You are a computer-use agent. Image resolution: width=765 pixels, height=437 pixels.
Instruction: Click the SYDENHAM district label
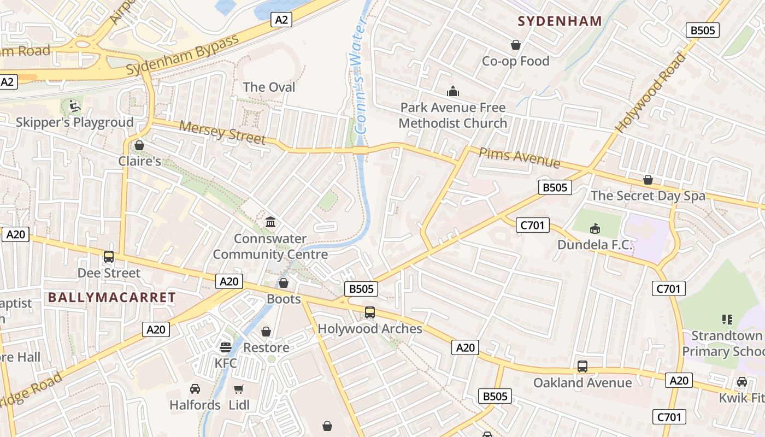560,21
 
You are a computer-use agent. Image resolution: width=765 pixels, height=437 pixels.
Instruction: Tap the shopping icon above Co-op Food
515,45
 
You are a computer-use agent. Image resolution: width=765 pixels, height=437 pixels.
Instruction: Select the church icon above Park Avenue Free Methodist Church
453,91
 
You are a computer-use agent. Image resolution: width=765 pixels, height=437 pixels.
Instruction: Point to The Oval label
269,87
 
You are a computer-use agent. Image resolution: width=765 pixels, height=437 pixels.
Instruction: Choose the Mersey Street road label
222,133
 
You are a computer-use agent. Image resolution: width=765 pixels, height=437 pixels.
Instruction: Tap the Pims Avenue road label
519,157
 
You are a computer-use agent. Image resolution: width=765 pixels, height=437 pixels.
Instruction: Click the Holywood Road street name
651,92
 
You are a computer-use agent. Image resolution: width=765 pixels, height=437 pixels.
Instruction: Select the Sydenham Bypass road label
183,55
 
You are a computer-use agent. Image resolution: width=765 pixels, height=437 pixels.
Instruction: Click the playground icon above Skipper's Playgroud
75,105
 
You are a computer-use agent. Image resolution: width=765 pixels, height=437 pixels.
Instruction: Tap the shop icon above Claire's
139,145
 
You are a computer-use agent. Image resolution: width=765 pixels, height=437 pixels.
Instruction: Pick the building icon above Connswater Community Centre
270,222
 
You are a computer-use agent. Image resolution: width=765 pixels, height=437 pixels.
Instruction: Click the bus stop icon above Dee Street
109,256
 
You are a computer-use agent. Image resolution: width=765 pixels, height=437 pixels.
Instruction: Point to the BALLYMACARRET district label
112,298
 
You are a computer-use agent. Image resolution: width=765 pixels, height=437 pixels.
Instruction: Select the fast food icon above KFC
225,347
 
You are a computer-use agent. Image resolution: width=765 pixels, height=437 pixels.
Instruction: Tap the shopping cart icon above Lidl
239,389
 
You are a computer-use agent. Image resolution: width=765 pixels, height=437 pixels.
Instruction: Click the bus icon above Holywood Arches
370,312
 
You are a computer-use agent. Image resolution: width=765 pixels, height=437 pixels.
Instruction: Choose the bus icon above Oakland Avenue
582,366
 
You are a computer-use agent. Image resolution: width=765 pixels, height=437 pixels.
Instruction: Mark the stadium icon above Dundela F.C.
595,228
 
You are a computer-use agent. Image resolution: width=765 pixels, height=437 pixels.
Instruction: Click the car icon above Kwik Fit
742,381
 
